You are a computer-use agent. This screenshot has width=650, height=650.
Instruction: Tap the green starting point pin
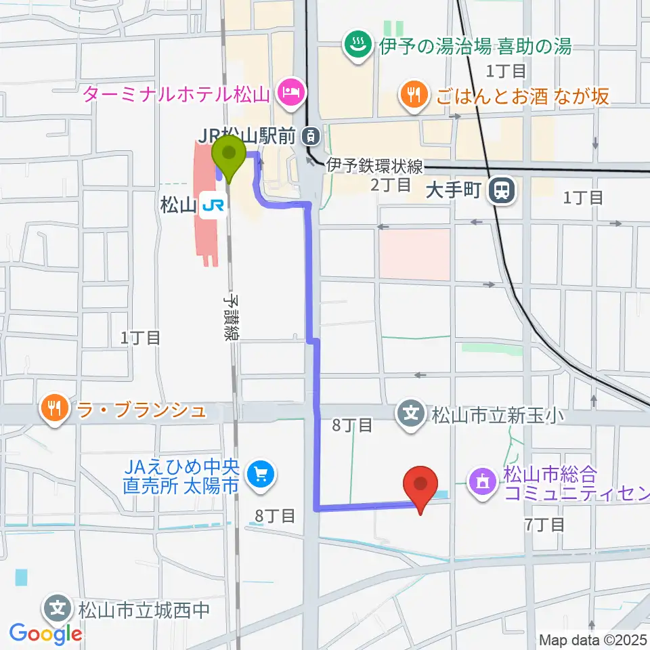(229, 154)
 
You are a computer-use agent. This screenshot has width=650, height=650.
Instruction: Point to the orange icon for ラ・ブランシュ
(53, 408)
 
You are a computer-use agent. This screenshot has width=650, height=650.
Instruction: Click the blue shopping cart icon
(260, 475)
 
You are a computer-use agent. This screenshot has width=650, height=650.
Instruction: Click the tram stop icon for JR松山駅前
(311, 136)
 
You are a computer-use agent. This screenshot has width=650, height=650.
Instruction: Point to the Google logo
(46, 634)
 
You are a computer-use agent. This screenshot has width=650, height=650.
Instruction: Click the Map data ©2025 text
(594, 639)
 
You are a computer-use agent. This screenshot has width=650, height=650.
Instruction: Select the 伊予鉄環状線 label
(374, 164)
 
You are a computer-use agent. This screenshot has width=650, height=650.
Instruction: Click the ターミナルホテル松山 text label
(177, 93)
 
